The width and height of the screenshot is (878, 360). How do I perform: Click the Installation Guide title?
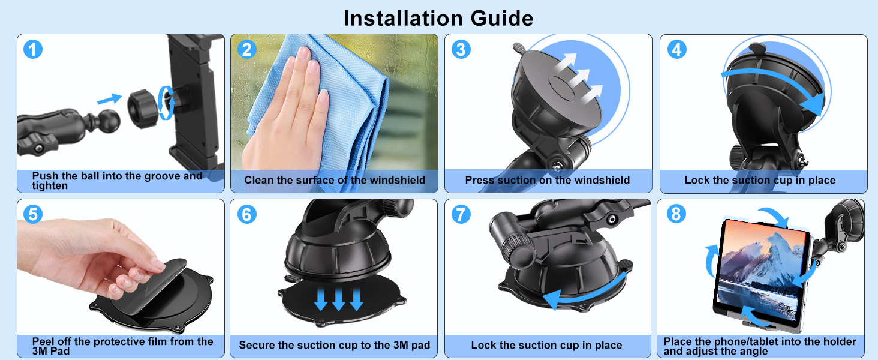[x=438, y=18]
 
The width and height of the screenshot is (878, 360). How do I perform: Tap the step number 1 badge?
[x=33, y=49]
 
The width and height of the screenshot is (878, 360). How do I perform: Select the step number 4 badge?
[x=676, y=49]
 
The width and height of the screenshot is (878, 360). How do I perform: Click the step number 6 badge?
[x=246, y=214]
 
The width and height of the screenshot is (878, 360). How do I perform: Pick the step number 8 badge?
[x=676, y=214]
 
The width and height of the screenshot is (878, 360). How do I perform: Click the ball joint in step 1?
[x=107, y=121]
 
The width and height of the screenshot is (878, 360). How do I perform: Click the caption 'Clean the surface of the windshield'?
[x=335, y=180]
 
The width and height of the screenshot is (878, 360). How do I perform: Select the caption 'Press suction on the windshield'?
[x=547, y=180]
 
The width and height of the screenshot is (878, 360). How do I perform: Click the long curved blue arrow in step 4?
[x=774, y=84]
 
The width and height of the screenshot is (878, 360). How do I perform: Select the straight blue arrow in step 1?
[x=109, y=97]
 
